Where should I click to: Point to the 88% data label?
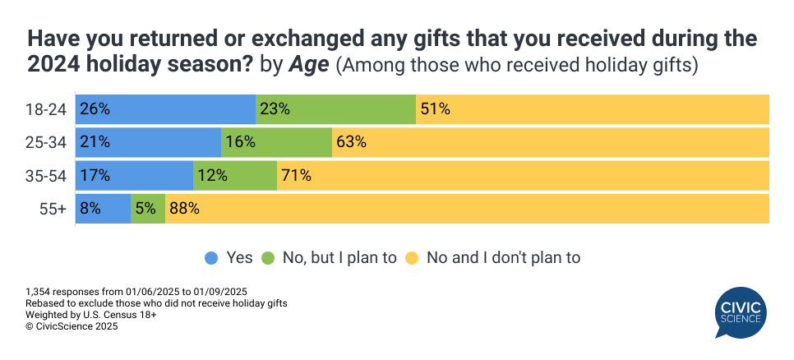click(x=184, y=208)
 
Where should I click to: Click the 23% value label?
click(x=274, y=109)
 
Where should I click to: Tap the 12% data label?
click(x=211, y=175)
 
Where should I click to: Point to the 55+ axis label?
click(x=54, y=208)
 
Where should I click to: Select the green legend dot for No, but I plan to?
click(x=269, y=258)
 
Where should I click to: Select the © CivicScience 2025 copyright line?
click(x=72, y=326)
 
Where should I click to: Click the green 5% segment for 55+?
click(x=148, y=208)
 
